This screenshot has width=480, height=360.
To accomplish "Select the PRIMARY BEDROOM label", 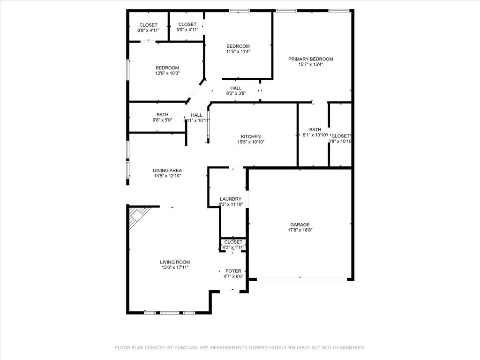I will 310,59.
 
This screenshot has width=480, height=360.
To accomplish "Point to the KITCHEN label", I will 251,136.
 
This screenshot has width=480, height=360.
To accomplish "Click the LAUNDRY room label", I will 231,199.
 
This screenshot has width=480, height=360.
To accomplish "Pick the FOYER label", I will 233,271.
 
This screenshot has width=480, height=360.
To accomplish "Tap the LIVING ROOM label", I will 175,262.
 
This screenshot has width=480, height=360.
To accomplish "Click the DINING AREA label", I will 167,171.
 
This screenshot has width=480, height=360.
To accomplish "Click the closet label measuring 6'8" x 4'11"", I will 149,30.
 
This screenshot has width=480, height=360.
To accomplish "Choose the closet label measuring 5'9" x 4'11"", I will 187,30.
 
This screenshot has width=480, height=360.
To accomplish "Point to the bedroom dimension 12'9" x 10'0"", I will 167,73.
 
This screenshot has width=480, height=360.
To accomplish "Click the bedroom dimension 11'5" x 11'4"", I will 238,52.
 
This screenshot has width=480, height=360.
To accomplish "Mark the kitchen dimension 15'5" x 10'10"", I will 251,142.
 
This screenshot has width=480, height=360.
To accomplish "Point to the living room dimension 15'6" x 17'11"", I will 175,268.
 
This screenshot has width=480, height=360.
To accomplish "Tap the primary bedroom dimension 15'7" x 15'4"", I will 310,65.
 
